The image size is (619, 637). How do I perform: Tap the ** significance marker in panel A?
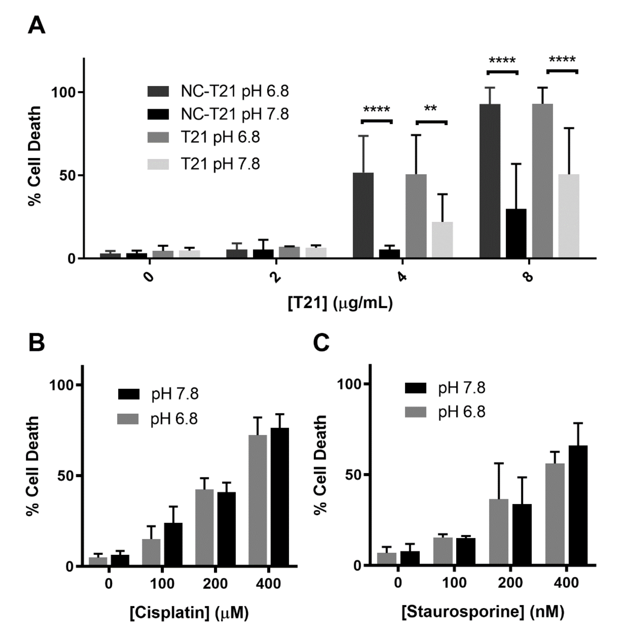431,109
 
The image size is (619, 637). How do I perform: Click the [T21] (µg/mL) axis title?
340,303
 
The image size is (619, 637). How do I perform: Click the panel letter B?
36,343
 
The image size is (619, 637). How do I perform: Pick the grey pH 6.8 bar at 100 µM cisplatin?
151,553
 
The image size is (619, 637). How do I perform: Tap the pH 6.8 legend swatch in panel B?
128,419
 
